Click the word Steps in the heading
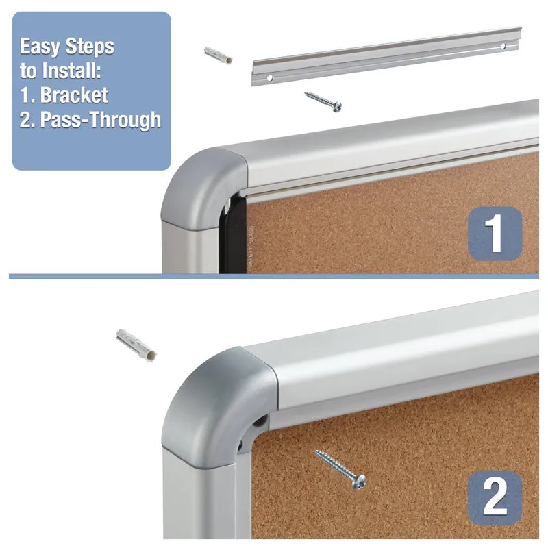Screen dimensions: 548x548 tap(90, 47)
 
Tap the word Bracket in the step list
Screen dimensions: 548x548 tap(74, 95)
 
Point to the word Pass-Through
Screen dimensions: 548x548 tap(101, 119)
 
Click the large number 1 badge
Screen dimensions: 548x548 tap(495, 233)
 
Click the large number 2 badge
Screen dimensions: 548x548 tap(495, 498)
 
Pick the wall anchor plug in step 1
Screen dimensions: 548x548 tap(218, 55)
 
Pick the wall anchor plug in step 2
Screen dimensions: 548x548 tap(136, 345)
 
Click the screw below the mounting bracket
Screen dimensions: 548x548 tap(323, 101)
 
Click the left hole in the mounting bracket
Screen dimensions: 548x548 tap(269, 78)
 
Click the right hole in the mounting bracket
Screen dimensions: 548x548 tap(503, 46)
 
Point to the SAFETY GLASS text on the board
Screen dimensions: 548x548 tap(251, 247)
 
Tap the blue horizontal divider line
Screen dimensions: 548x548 tap(273, 277)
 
